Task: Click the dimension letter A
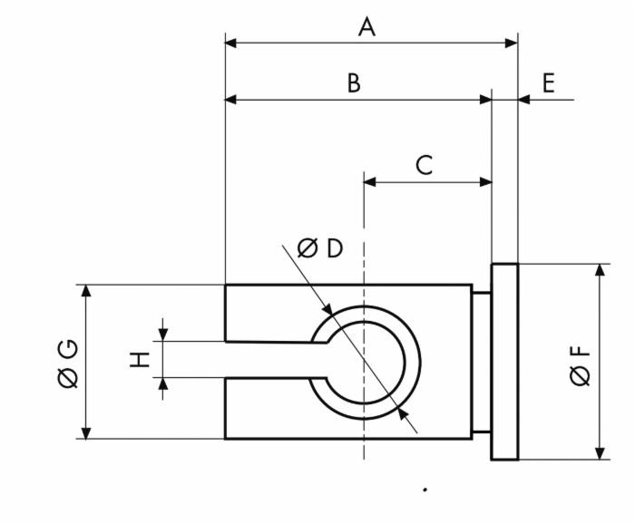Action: coord(366,27)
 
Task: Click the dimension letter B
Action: coord(354,83)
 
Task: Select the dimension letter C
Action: coord(424,165)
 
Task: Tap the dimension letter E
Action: coord(549,83)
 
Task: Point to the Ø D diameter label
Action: coord(320,247)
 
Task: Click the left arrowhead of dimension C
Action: coord(370,182)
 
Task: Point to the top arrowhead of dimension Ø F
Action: coord(600,271)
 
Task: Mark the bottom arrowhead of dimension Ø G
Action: coord(86,432)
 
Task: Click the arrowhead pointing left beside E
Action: coord(525,99)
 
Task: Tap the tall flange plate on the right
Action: coord(504,362)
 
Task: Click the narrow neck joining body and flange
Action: coord(481,362)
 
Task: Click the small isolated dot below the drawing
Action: coord(425,490)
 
